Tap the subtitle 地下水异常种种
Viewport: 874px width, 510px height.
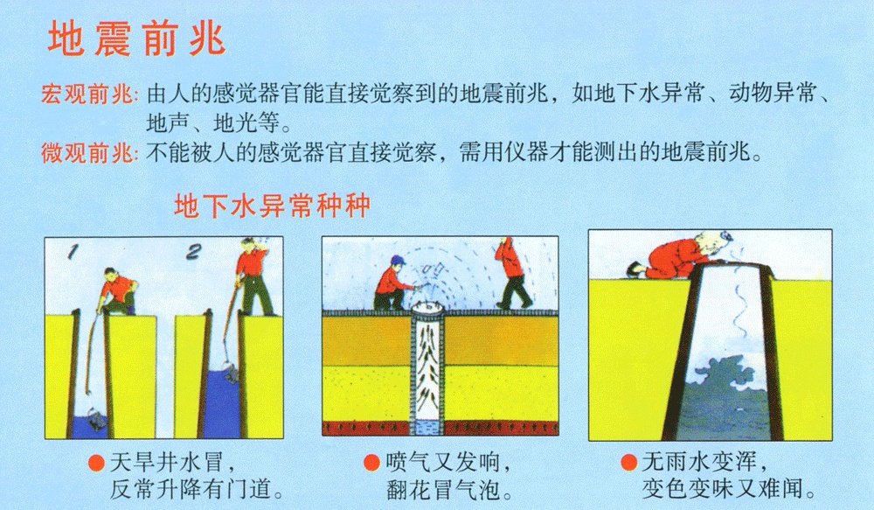pyautogui.click(x=273, y=207)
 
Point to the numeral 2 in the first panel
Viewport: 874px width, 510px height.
pyautogui.click(x=195, y=253)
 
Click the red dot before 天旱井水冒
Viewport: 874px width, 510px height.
pyautogui.click(x=97, y=462)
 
